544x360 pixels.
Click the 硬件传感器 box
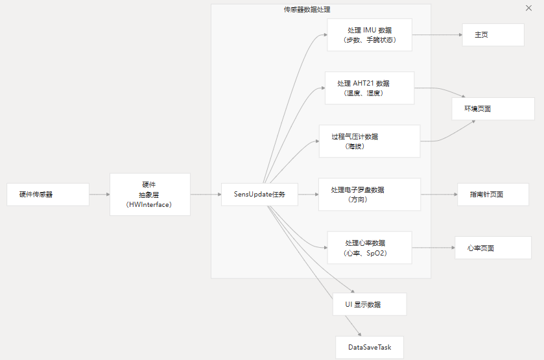click(x=48, y=194)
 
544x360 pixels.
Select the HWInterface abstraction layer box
click(x=150, y=194)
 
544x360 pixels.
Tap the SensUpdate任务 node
click(x=259, y=194)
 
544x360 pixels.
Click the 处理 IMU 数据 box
click(x=369, y=34)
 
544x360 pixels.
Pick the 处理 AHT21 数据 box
click(x=369, y=88)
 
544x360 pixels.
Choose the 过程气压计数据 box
click(x=369, y=141)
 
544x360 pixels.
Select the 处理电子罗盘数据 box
click(x=369, y=194)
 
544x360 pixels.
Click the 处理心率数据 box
click(x=369, y=248)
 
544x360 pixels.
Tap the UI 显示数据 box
click(x=369, y=304)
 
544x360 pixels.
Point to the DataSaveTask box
click(x=370, y=347)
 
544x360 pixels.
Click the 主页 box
click(x=493, y=35)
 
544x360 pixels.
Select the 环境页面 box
click(x=493, y=108)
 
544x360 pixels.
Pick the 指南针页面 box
click(x=493, y=194)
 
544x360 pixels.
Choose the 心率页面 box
click(x=493, y=248)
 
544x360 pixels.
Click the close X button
click(x=529, y=8)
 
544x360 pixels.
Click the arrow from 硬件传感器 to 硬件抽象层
click(x=99, y=194)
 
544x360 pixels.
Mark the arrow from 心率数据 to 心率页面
click(x=433, y=248)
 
